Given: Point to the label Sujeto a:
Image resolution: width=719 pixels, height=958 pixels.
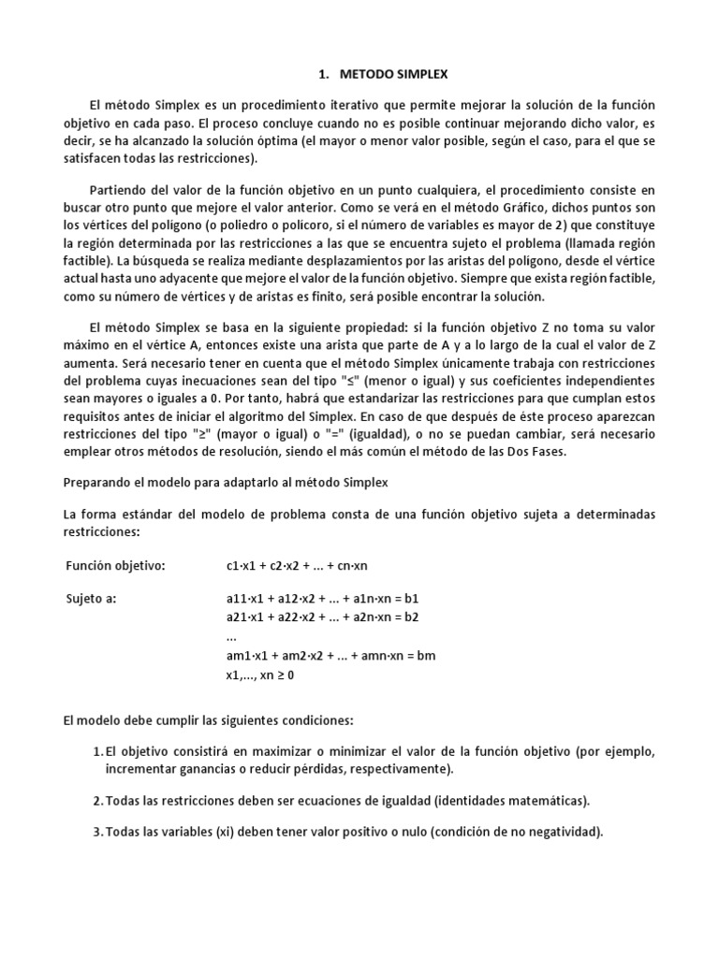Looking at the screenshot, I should (91, 598).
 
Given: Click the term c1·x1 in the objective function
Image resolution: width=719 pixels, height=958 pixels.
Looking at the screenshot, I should (242, 566).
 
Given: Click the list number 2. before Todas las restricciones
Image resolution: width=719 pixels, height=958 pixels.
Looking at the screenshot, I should (98, 800).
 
